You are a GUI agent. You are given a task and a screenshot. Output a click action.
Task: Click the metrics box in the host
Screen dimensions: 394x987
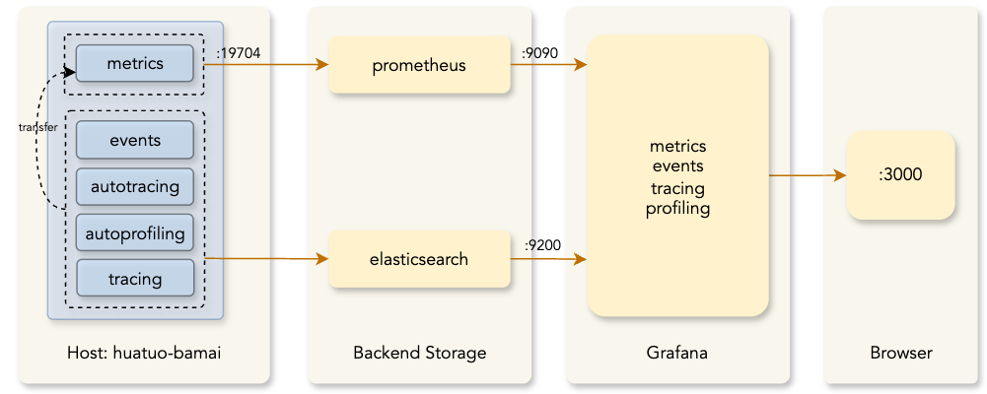pyautogui.click(x=135, y=64)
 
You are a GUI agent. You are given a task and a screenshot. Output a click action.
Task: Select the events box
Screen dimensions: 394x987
pyautogui.click(x=135, y=140)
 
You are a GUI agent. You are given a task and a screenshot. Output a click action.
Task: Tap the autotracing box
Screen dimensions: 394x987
pyautogui.click(x=135, y=186)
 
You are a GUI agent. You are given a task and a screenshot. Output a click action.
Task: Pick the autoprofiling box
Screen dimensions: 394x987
pyautogui.click(x=135, y=232)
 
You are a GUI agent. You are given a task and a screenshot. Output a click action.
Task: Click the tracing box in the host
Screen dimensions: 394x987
pyautogui.click(x=135, y=279)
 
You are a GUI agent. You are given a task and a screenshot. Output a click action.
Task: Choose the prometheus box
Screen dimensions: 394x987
pyautogui.click(x=419, y=66)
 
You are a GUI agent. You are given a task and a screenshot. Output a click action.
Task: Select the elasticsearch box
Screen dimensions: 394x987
pyautogui.click(x=419, y=260)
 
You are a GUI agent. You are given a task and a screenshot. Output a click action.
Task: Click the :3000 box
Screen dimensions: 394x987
pyautogui.click(x=901, y=175)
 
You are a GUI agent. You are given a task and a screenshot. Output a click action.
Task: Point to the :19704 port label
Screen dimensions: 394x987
pyautogui.click(x=237, y=53)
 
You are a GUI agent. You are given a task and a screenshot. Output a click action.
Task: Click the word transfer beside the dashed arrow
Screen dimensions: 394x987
pyautogui.click(x=37, y=128)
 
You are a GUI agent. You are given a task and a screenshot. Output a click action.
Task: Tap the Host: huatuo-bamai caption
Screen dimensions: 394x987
pyautogui.click(x=137, y=353)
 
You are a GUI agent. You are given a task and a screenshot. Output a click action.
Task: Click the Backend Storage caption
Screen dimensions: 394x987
pyautogui.click(x=419, y=353)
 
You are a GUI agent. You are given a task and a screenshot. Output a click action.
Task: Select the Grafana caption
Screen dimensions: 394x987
pyautogui.click(x=676, y=353)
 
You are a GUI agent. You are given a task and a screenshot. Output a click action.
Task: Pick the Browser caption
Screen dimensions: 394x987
pyautogui.click(x=901, y=353)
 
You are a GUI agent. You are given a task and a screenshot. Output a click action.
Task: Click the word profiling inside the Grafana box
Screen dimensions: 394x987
pyautogui.click(x=677, y=209)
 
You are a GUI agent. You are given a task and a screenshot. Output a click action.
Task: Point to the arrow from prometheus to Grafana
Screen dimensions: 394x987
pyautogui.click(x=549, y=65)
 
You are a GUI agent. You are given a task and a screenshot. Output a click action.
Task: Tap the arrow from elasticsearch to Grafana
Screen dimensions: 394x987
pyautogui.click(x=549, y=260)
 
